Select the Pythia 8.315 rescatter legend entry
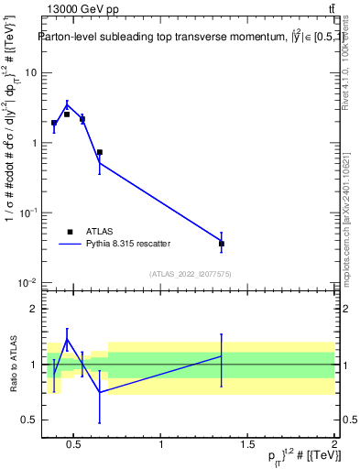127,244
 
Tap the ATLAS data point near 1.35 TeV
222,244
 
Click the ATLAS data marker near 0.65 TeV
99,153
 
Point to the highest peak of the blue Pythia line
67,104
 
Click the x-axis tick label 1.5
247,446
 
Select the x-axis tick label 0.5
74,446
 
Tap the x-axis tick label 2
333,446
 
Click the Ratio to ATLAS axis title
13,364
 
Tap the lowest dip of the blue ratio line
99,392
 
